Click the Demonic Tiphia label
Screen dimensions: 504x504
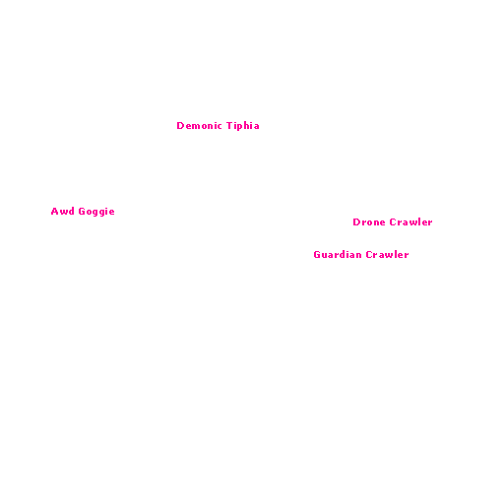[218, 126]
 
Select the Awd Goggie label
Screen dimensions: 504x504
[83, 212]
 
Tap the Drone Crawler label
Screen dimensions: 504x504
[393, 222]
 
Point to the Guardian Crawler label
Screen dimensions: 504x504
[361, 255]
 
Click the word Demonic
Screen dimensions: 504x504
[199, 126]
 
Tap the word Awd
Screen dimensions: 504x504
[63, 211]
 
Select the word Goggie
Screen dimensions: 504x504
[96, 212]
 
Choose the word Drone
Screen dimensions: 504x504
[369, 222]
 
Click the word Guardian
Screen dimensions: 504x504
[338, 255]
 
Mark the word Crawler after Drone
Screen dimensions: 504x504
[410, 222]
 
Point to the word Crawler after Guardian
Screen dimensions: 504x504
[387, 255]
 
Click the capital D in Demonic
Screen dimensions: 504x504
[180, 126]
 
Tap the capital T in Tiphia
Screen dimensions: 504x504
[230, 126]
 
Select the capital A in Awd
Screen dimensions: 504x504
[54, 211]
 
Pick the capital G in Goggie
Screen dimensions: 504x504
[82, 211]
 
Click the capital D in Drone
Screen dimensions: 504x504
[356, 222]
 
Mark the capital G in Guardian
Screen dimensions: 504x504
[317, 255]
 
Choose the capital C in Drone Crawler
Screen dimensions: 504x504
[393, 222]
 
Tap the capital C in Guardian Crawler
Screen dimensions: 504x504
[369, 255]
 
